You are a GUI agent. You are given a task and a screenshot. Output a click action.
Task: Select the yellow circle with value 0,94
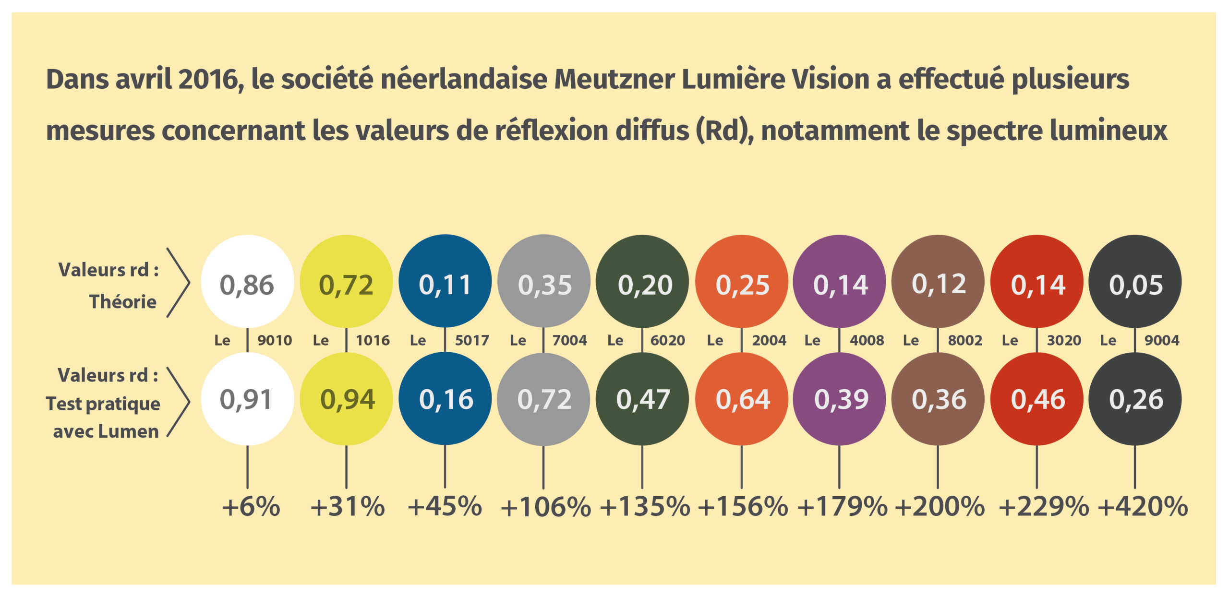tap(346, 399)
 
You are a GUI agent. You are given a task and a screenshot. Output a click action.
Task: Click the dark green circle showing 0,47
tap(642, 399)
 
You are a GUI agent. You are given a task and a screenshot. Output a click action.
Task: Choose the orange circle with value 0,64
tap(742, 399)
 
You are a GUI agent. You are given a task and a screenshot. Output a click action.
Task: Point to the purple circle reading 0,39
tap(840, 399)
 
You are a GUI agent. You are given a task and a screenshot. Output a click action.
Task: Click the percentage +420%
tap(1143, 506)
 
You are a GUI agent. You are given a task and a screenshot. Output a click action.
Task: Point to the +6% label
tap(251, 506)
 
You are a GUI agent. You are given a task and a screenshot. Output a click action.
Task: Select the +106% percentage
tap(545, 506)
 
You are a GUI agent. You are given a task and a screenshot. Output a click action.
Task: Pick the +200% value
tap(940, 506)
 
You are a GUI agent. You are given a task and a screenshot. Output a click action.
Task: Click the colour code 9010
tap(275, 340)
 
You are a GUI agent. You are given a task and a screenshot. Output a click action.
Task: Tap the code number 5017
tap(472, 340)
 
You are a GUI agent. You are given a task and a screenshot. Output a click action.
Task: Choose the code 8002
tap(965, 340)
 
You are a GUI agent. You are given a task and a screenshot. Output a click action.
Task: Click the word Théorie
tap(123, 302)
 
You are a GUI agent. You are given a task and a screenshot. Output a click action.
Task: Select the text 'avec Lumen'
tap(106, 431)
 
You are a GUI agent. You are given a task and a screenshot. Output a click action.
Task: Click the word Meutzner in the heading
tap(614, 79)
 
